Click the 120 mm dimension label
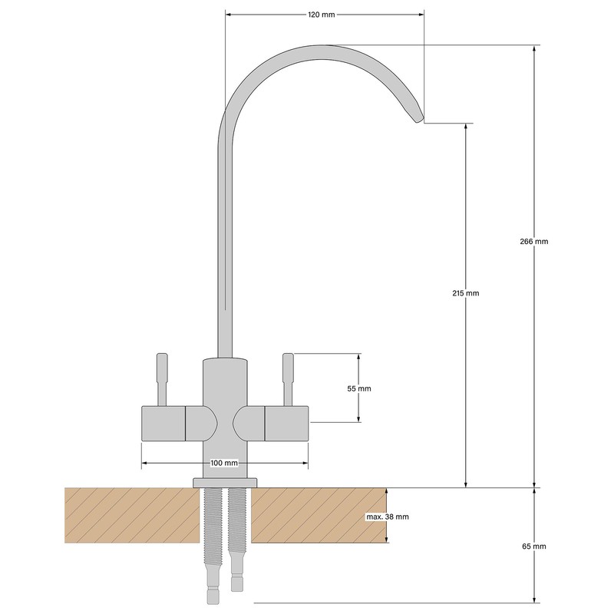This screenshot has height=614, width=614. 324,14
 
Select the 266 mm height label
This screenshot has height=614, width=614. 534,241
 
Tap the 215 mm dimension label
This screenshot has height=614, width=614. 466,294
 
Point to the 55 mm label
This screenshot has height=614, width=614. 358,389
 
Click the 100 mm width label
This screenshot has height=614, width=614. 224,464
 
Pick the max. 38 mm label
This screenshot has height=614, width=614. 387,517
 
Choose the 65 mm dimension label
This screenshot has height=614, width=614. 534,546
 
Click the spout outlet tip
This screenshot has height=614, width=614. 418,118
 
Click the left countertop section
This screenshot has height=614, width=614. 130,515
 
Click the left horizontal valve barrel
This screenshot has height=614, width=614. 163,424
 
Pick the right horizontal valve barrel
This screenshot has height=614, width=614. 286,424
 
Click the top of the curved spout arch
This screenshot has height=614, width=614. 322,49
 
